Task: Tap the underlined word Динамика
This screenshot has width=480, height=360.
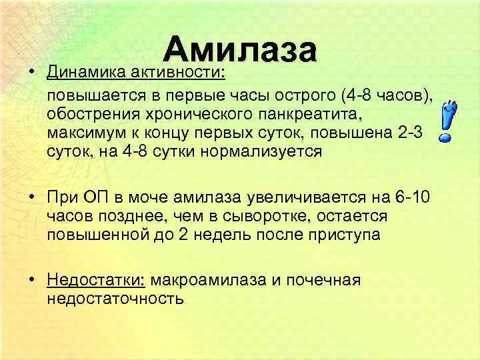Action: pos(86,71)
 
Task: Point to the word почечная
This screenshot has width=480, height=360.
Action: pos(326,280)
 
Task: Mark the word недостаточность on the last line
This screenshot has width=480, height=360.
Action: pos(115,298)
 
